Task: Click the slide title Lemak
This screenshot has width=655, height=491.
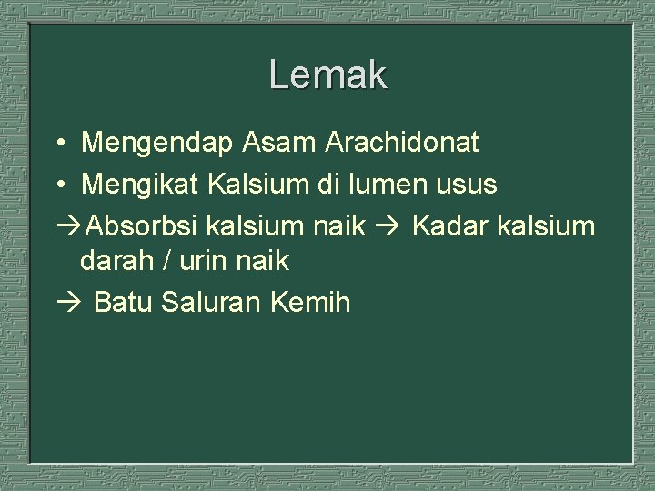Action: (x=327, y=75)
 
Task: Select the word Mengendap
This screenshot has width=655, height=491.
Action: (x=158, y=144)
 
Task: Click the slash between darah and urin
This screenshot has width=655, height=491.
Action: (x=167, y=262)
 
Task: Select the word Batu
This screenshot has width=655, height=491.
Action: (x=123, y=302)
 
